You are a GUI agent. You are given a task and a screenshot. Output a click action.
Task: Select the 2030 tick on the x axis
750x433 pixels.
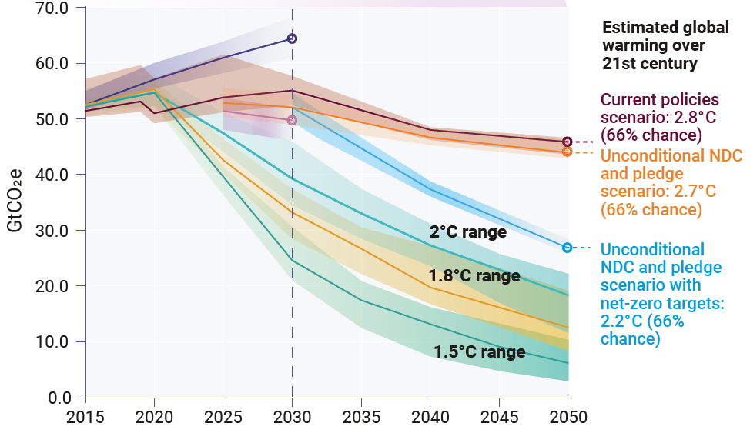point(292,418)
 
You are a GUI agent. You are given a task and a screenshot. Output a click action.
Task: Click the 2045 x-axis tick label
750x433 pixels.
point(499,418)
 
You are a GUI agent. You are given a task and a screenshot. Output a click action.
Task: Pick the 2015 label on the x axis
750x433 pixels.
point(85,418)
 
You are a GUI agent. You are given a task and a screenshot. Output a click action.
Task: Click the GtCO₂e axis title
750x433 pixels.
point(16,202)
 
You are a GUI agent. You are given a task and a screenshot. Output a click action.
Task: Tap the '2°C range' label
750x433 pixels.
point(468,232)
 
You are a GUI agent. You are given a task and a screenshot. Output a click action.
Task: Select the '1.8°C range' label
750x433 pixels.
point(474,275)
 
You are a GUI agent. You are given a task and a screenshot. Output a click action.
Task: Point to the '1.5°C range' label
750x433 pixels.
point(479,352)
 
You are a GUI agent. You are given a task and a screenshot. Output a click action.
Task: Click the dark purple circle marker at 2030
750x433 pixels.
point(292,38)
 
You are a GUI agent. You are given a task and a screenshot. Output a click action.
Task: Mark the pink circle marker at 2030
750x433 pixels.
point(292,120)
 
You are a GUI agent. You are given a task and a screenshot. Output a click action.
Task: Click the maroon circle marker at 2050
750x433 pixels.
point(568,142)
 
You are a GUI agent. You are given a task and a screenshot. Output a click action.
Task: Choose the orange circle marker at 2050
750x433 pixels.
point(568,152)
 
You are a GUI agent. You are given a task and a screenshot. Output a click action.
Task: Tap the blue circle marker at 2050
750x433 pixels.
point(568,248)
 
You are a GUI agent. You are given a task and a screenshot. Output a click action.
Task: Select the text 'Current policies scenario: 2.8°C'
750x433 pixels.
point(659,108)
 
